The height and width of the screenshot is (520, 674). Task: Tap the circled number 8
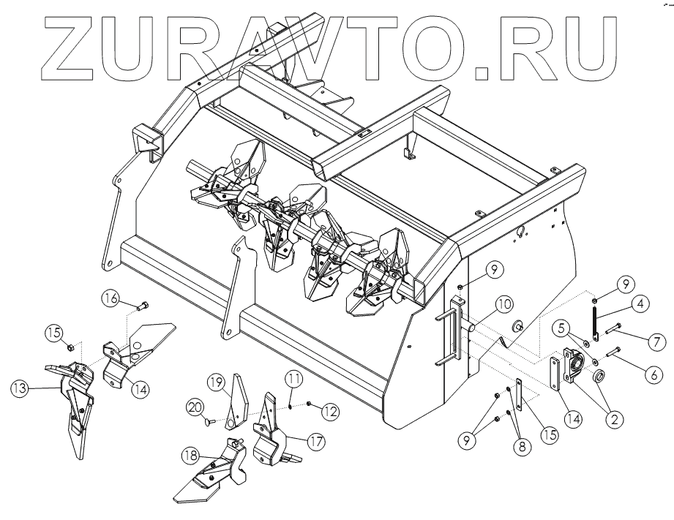coord(522,445)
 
